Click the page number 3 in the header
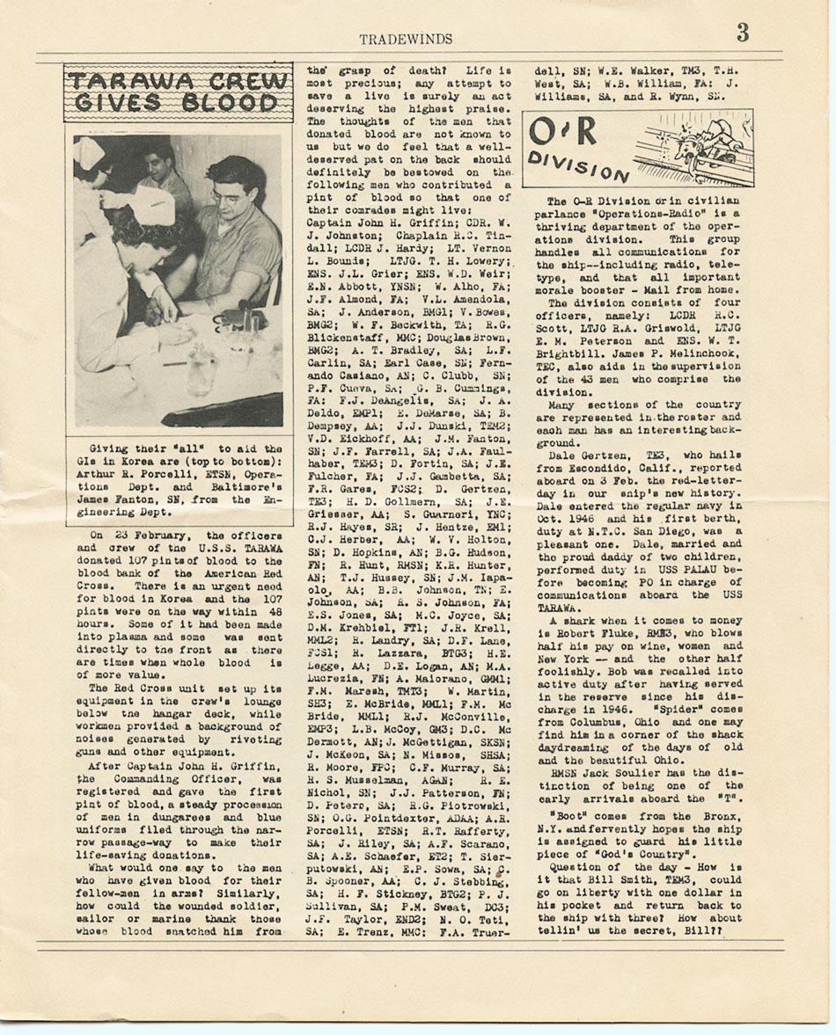[x=742, y=33]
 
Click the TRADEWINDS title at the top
[x=406, y=39]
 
